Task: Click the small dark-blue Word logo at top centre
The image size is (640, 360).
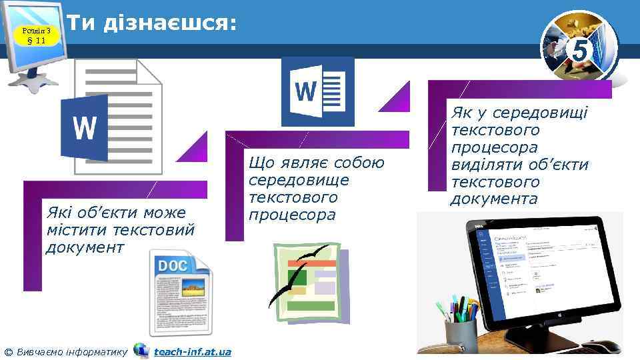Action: click(x=317, y=91)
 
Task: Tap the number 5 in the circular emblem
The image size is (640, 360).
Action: click(x=580, y=51)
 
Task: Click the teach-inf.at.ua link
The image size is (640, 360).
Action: click(x=192, y=351)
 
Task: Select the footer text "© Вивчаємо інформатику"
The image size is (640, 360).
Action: click(x=66, y=351)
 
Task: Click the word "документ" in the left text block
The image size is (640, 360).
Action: click(x=85, y=248)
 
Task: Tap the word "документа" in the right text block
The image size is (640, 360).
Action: click(x=494, y=199)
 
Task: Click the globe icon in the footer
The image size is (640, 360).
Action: click(x=141, y=351)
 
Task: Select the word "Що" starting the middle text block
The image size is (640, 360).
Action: click(x=257, y=163)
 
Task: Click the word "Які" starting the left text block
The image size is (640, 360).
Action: click(x=56, y=213)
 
